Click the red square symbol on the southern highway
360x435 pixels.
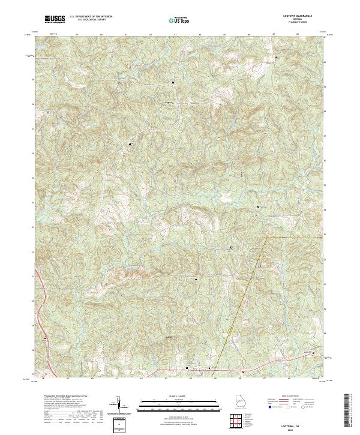(x=243, y=372)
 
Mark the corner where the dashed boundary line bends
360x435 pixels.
(x=267, y=238)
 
